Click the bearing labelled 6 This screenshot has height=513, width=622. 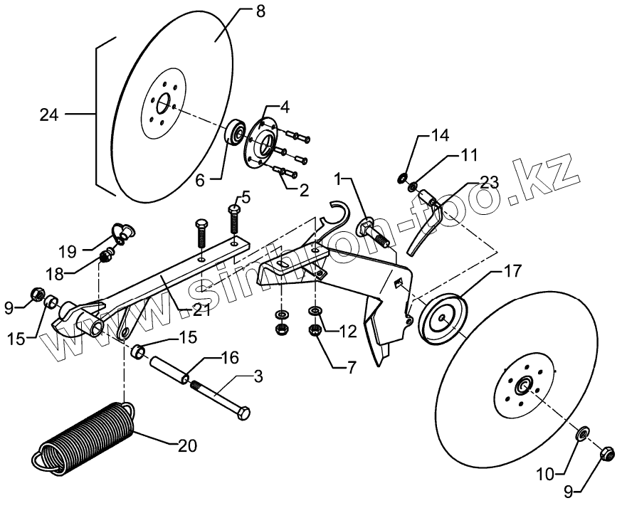tap(235, 133)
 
